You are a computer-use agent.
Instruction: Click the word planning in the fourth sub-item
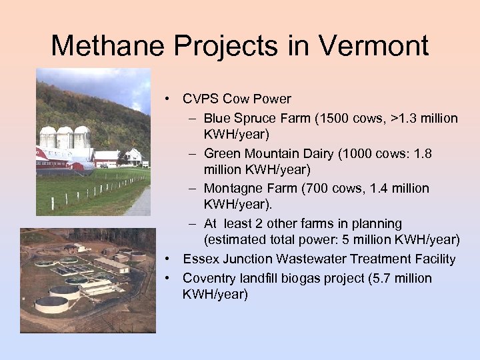[377, 223]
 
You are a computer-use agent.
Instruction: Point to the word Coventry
[207, 278]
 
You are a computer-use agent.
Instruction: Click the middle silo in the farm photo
[65, 137]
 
